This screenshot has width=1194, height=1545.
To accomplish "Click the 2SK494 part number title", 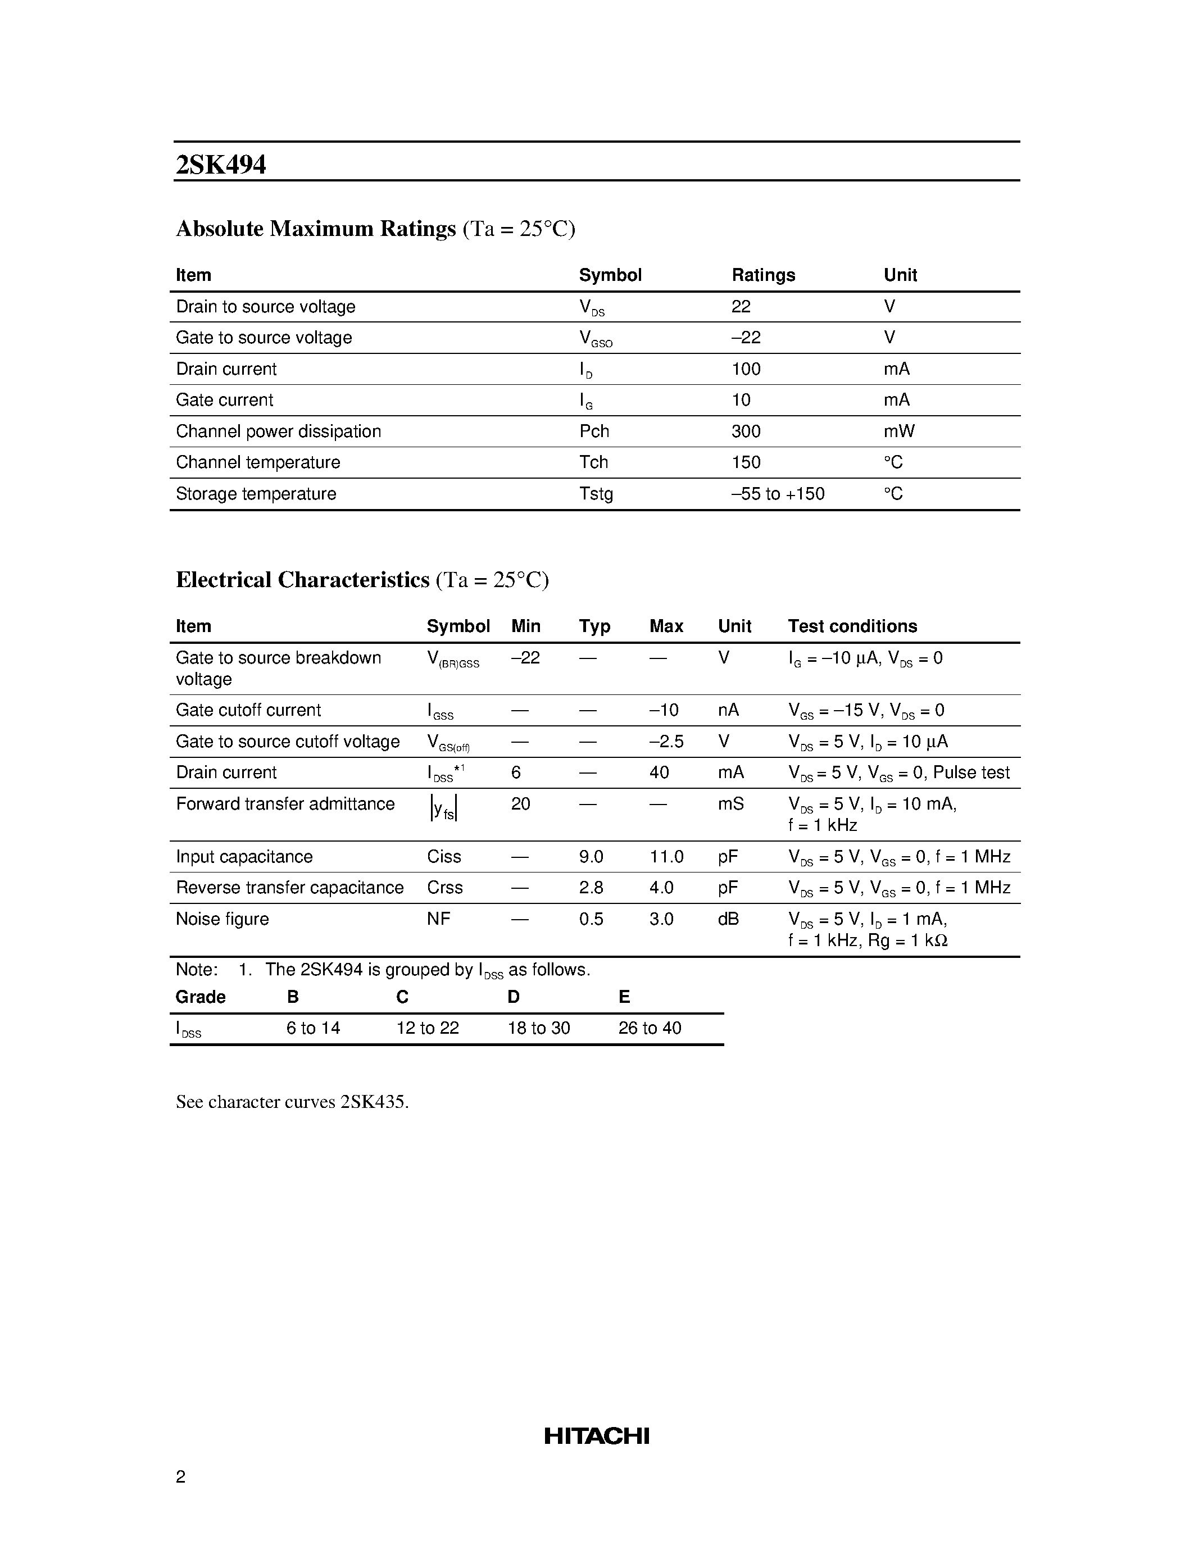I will (x=221, y=165).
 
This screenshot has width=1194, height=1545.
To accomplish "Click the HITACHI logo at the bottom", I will (x=596, y=1436).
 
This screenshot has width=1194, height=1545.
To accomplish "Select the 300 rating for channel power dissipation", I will (x=746, y=431).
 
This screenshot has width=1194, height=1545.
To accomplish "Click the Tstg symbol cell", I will (x=596, y=494).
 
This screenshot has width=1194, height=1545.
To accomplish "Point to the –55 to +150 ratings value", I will (x=778, y=494).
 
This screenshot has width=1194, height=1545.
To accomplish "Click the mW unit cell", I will (x=898, y=431).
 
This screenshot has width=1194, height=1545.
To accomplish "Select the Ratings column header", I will (x=762, y=275).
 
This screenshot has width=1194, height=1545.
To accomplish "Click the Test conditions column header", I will (x=852, y=626).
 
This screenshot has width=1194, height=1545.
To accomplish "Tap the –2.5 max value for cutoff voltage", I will (x=666, y=742).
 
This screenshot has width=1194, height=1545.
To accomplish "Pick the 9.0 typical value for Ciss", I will (x=591, y=857).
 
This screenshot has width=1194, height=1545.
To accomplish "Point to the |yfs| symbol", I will (x=443, y=808).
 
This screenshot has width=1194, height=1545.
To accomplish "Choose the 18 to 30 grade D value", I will (x=538, y=1028).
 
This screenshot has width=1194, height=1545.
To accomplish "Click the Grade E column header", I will (x=624, y=997).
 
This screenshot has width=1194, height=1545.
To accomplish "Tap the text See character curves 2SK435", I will (x=292, y=1102).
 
